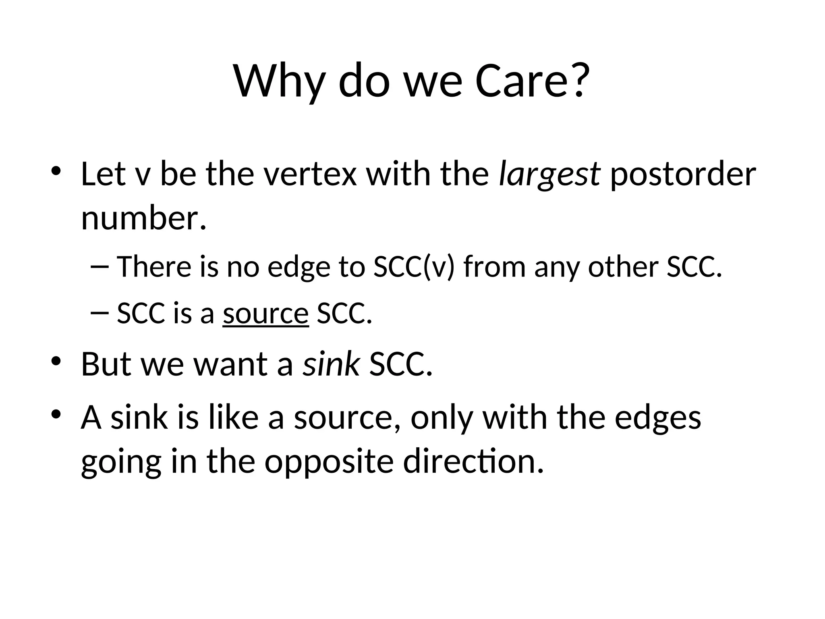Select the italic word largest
[x=549, y=174]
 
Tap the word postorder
[x=683, y=174]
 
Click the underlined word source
[x=266, y=314]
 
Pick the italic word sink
[x=331, y=364]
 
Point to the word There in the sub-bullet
[x=154, y=267]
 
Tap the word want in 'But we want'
[x=231, y=364]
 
